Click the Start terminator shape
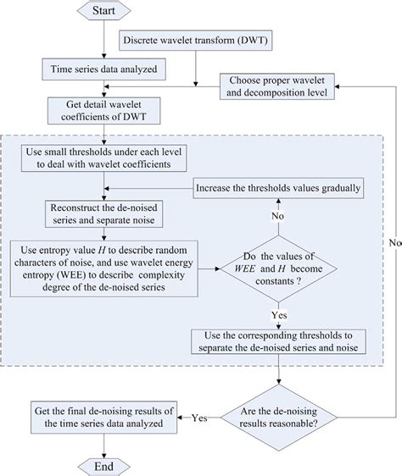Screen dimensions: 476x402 [103, 11]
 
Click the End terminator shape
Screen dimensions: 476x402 [103, 463]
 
